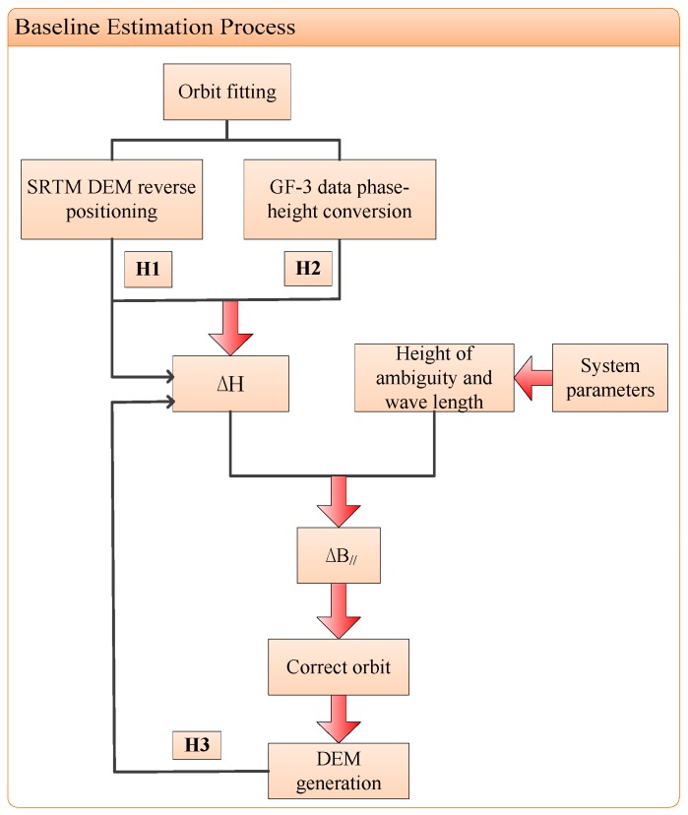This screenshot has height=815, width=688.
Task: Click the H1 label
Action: pos(148,267)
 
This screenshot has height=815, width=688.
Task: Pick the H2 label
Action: pos(308,267)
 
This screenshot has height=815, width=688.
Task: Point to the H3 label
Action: pos(197,745)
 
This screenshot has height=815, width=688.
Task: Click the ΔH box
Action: pos(231,381)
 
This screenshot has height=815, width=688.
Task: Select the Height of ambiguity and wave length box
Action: pos(434,377)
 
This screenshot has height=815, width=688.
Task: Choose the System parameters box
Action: pos(610,377)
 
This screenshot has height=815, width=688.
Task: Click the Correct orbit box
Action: pos(339,666)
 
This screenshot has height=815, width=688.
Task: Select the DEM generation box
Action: pos(339,770)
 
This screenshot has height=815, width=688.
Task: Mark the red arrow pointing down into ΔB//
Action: pos(339,503)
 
